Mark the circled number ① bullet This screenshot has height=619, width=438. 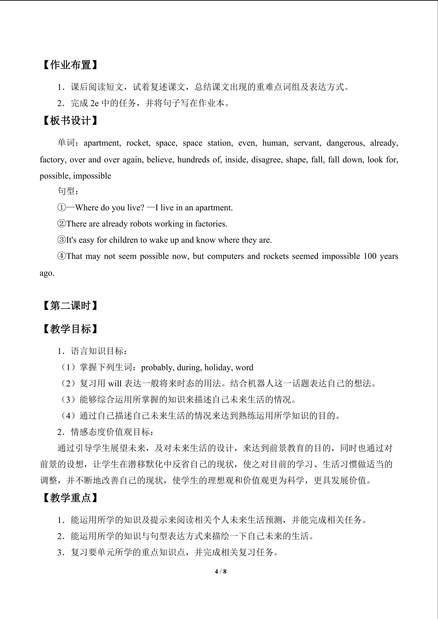click(62, 208)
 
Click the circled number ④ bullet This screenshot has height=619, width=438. click(62, 256)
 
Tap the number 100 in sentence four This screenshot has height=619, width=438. click(370, 256)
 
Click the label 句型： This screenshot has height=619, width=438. click(68, 191)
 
